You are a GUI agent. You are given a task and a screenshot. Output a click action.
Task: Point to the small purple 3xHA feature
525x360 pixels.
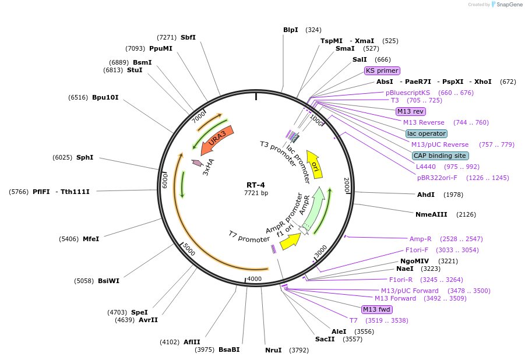coord(197,163)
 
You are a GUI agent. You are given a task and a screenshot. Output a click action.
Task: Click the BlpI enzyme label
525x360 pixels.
coord(291,30)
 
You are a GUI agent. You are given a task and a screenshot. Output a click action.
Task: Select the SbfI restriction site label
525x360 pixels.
coord(188,37)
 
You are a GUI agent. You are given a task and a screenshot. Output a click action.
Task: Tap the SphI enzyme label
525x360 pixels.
coord(84,157)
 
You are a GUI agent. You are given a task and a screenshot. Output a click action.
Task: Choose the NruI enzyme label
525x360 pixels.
coord(273,350)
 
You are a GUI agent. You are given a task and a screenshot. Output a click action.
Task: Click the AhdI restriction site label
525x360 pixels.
coord(426,194)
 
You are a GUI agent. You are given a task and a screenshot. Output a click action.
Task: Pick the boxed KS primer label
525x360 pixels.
coord(382,70)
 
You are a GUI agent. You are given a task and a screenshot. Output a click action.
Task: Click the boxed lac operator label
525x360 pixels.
coord(427,133)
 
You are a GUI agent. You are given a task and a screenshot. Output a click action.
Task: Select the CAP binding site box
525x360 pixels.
coord(440,156)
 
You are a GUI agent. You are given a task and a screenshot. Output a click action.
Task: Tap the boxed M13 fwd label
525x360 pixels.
coord(377,309)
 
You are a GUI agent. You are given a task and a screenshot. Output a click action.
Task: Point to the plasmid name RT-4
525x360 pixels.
coord(256,185)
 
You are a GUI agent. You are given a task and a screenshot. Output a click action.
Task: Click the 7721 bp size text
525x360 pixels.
coord(256,193)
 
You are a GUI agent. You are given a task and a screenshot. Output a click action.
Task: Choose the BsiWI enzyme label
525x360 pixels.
coord(108,281)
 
